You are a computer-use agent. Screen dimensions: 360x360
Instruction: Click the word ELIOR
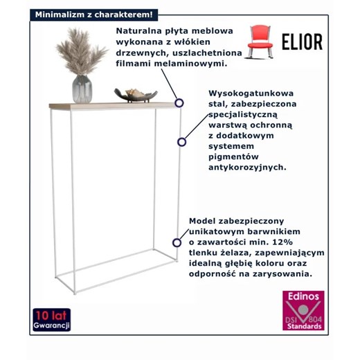click(301, 42)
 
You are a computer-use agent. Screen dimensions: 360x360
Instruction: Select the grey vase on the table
click(82, 89)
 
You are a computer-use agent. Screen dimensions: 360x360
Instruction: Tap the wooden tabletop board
click(111, 106)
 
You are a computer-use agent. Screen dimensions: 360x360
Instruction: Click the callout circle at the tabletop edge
click(179, 102)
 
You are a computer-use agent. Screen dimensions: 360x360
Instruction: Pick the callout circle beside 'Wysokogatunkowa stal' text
click(182, 142)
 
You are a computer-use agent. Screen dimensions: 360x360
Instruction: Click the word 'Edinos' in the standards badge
click(305, 296)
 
